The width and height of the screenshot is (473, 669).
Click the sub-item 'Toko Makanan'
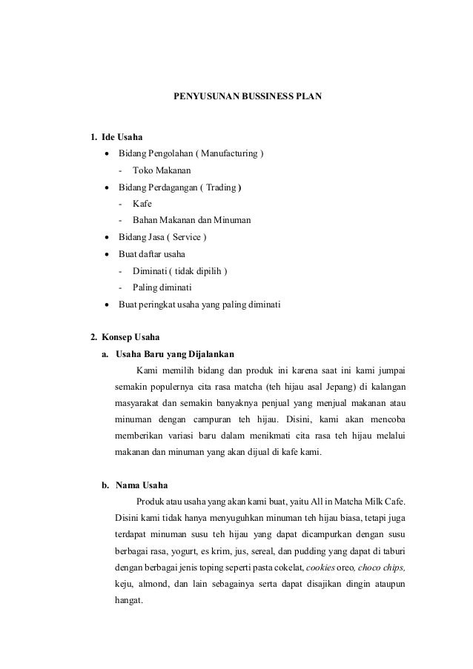tap(156, 170)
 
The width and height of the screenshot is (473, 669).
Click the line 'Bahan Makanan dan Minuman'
tap(191, 220)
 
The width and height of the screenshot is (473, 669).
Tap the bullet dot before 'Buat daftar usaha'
tap(108, 254)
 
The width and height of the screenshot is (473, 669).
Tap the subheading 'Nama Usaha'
tap(142, 486)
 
